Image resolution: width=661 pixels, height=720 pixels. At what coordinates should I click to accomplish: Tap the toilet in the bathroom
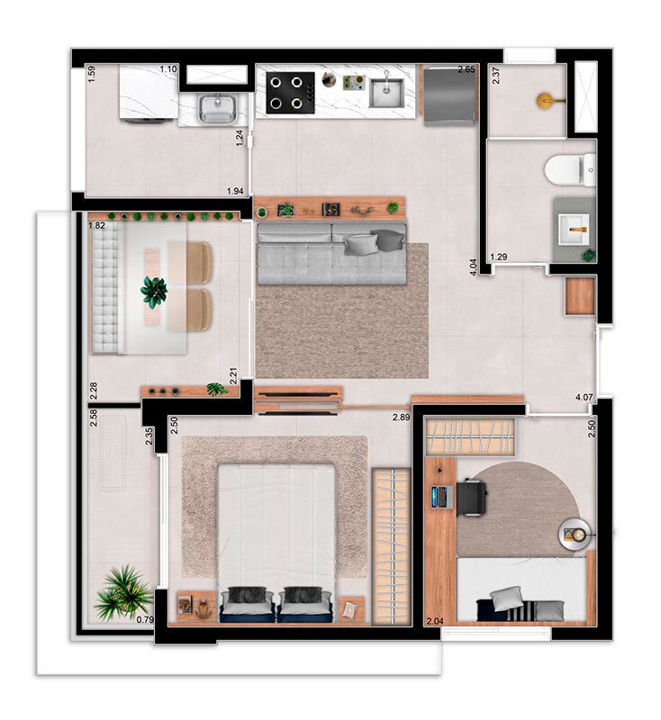pyautogui.click(x=570, y=170)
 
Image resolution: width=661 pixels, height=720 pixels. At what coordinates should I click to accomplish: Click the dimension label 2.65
pyautogui.click(x=466, y=70)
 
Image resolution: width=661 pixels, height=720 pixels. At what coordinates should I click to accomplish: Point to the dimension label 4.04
pyautogui.click(x=473, y=266)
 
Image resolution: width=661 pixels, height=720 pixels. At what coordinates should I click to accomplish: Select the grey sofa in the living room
pyautogui.click(x=331, y=254)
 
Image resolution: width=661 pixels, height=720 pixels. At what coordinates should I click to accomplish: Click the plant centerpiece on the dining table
pyautogui.click(x=154, y=291)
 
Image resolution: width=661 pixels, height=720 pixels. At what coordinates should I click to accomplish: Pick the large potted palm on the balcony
pyautogui.click(x=122, y=593)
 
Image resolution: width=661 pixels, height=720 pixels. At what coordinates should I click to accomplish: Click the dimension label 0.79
pyautogui.click(x=145, y=619)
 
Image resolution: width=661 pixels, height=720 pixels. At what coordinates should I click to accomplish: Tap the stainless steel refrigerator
pyautogui.click(x=449, y=96)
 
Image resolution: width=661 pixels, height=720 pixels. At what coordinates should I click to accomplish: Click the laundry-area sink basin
pyautogui.click(x=217, y=109)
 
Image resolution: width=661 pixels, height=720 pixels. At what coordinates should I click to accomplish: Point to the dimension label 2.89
pyautogui.click(x=401, y=418)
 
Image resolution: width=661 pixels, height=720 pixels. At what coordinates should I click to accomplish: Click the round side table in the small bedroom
pyautogui.click(x=575, y=534)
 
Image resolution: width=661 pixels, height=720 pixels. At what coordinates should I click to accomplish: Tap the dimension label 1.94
pyautogui.click(x=235, y=191)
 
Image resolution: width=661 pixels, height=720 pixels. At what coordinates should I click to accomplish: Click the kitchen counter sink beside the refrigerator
pyautogui.click(x=386, y=93)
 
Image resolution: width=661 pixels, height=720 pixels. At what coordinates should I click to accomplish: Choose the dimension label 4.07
pyautogui.click(x=584, y=397)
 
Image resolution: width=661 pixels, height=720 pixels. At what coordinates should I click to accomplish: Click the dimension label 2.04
pyautogui.click(x=435, y=622)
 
